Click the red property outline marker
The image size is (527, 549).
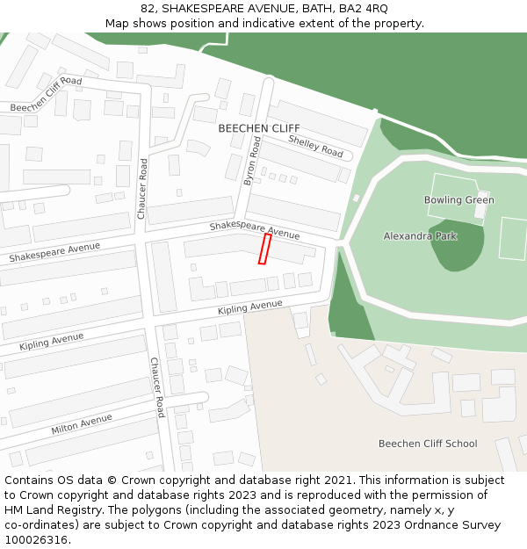(263, 249)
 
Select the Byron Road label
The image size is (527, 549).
(252, 159)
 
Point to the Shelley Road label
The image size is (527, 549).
(315, 147)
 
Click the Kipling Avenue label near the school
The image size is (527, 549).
(250, 307)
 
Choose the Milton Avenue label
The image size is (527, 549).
(82, 423)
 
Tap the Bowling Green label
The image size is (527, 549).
(458, 200)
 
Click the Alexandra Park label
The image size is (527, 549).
(420, 236)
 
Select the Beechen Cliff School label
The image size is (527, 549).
(428, 444)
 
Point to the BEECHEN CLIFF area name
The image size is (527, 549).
(258, 128)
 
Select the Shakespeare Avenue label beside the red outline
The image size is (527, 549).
(254, 230)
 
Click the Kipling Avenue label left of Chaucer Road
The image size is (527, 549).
(51, 342)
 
